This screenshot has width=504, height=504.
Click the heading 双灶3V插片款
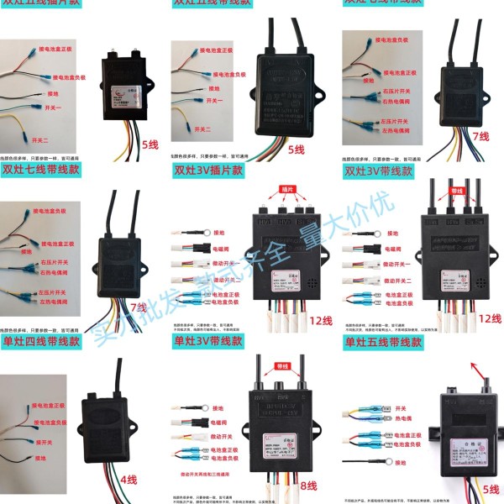pos(207,171)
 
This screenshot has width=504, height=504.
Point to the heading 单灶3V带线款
pos(207,342)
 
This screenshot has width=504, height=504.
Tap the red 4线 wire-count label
pos(128,480)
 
